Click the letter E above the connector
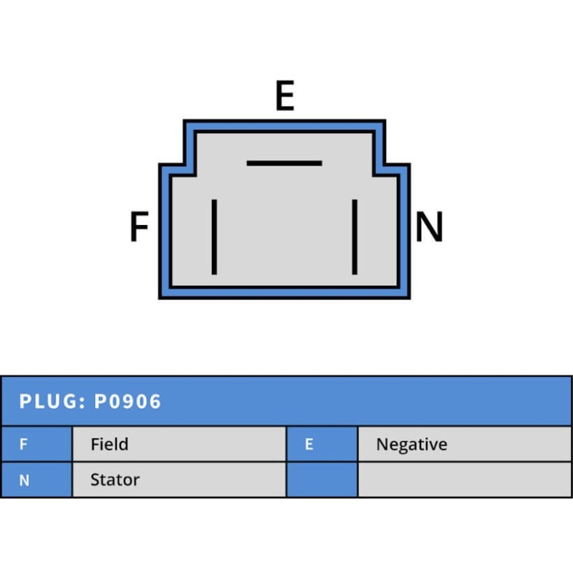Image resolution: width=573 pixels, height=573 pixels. click(x=284, y=97)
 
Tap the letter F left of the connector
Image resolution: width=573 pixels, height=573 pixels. click(x=139, y=228)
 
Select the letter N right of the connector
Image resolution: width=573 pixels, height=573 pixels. click(x=430, y=228)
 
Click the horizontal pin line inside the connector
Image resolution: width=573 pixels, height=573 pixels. click(x=284, y=163)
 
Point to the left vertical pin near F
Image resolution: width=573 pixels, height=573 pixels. click(x=214, y=237)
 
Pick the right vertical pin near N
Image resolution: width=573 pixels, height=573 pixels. click(x=355, y=237)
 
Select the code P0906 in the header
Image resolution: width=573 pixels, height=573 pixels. click(x=127, y=401)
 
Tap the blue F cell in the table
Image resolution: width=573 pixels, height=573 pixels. click(x=36, y=444)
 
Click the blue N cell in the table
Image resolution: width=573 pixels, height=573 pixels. click(x=36, y=480)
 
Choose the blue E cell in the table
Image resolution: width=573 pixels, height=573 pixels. click(x=322, y=444)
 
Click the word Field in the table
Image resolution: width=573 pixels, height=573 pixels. click(x=110, y=444)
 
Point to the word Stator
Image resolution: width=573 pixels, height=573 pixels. click(x=115, y=480)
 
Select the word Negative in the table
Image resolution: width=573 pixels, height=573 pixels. click(x=411, y=444)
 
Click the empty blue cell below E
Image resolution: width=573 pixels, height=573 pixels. click(x=322, y=480)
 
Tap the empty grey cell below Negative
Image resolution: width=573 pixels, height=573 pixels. click(x=464, y=480)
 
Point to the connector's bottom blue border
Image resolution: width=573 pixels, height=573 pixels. click(x=284, y=293)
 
